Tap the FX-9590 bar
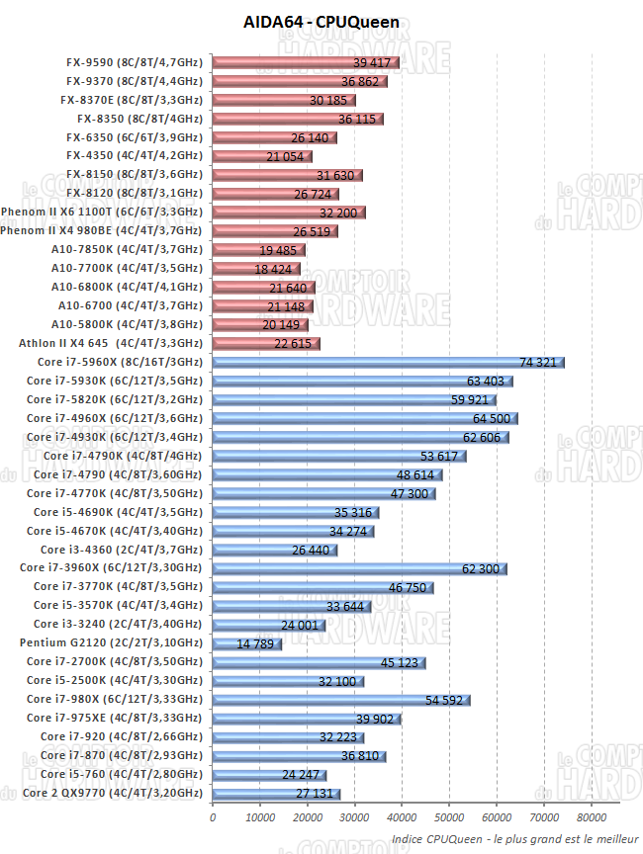[306, 62]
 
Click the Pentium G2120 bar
[246, 643]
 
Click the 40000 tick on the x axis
[402, 818]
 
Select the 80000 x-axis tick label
[591, 818]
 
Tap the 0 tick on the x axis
[213, 818]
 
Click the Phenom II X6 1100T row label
[102, 213]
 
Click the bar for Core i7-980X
[340, 700]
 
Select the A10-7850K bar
[258, 250]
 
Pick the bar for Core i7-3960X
[359, 568]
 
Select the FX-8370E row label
[131, 100]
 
